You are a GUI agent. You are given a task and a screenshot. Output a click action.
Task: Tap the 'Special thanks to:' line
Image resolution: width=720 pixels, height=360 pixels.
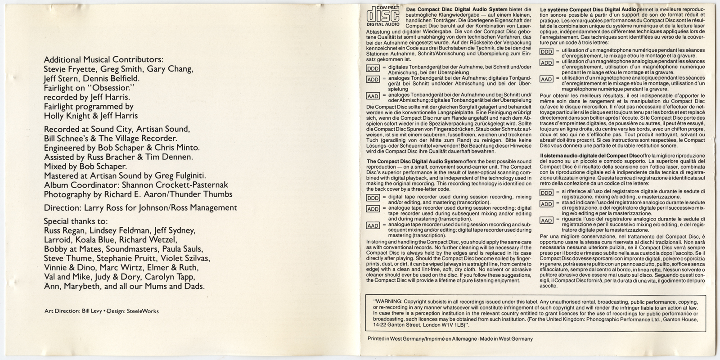76,221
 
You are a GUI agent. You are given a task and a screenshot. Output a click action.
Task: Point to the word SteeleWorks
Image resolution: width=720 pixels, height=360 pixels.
143,311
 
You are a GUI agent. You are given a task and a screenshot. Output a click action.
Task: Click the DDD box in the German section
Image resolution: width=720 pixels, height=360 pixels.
373,68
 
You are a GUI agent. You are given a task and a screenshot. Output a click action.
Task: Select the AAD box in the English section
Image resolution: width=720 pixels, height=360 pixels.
373,225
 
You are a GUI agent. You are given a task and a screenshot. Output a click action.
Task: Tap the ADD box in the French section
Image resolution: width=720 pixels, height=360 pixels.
546,63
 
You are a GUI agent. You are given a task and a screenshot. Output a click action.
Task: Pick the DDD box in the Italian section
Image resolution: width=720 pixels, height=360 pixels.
546,193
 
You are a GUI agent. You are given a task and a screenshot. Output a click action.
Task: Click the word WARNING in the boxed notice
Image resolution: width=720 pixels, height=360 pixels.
390,301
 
